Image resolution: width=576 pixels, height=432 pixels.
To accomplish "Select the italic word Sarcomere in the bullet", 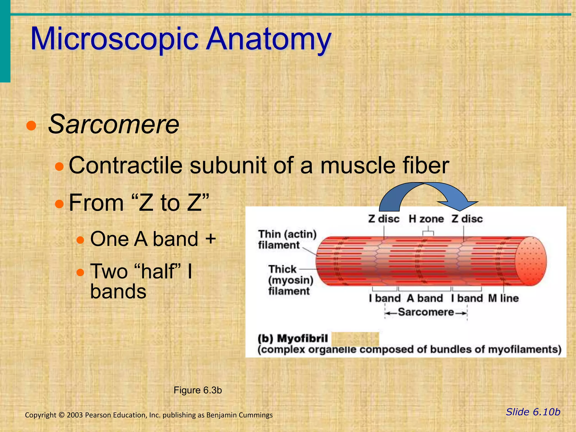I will (x=114, y=125).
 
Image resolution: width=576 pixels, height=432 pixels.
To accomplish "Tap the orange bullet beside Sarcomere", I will (x=31, y=126).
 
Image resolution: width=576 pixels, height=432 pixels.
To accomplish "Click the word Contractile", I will (x=125, y=165).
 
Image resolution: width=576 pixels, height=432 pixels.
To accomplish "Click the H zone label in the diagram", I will (x=426, y=219).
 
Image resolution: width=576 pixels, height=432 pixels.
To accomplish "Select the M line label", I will (x=503, y=298).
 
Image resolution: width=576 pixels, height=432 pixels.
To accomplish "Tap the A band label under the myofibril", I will (x=425, y=298).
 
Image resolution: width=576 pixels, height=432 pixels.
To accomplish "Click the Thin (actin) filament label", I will (x=287, y=239).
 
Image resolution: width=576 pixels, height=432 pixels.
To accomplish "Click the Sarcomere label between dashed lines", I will (x=426, y=312).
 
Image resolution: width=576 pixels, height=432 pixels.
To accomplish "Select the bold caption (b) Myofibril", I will (x=293, y=339).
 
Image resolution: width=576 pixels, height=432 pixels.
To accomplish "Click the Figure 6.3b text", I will (x=198, y=390).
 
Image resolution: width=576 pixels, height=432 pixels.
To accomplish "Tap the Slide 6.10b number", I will (x=533, y=412).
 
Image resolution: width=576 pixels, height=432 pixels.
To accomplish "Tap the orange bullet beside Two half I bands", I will (x=80, y=272).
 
